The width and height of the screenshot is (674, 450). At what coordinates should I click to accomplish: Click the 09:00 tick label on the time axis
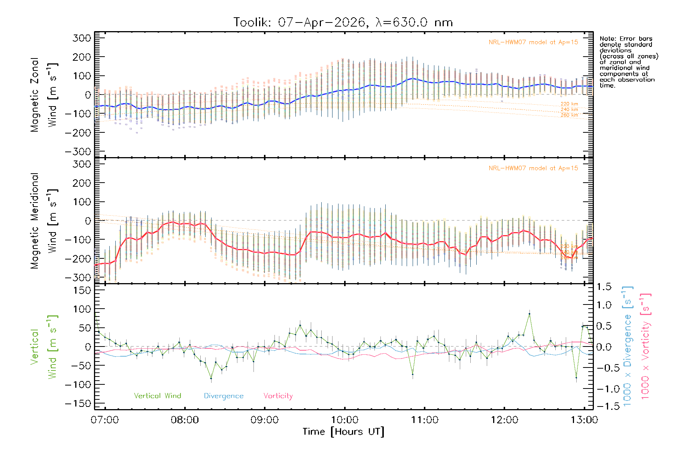(x=264, y=420)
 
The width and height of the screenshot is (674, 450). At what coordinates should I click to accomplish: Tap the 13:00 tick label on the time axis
(x=584, y=420)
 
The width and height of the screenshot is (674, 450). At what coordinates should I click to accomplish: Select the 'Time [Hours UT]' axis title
(x=343, y=432)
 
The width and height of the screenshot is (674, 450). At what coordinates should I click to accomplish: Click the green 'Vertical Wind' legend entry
(x=157, y=396)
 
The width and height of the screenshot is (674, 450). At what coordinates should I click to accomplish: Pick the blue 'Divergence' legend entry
(x=224, y=396)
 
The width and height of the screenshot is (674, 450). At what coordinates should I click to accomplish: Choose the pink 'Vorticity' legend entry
(x=278, y=396)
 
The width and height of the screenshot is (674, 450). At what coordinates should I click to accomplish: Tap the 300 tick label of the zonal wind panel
(x=82, y=38)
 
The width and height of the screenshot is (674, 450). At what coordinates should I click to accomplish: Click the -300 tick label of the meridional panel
(x=78, y=277)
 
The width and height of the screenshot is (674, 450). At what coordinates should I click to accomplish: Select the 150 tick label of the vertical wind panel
(x=82, y=290)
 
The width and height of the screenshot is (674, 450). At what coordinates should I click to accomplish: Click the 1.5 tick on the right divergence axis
(x=604, y=287)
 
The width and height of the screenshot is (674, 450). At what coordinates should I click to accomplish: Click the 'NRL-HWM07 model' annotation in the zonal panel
(x=533, y=42)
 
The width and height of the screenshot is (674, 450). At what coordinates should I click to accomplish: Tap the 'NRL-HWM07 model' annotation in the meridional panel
(x=533, y=168)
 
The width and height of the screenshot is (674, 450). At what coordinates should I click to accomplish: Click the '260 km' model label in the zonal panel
(x=569, y=115)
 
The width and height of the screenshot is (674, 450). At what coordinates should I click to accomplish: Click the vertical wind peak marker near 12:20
(x=529, y=314)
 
